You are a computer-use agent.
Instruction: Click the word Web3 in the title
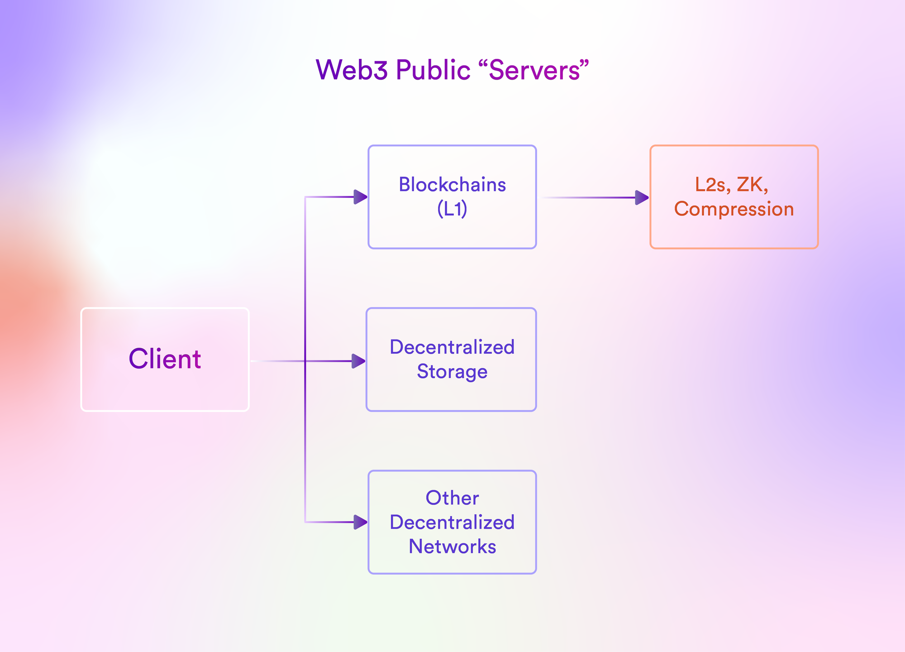tap(351, 70)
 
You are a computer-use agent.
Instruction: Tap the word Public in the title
tap(433, 70)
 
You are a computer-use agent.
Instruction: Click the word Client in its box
tap(165, 359)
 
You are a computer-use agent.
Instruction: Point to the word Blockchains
tap(452, 185)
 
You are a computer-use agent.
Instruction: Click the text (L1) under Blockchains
tap(452, 209)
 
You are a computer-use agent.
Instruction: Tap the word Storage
tap(452, 371)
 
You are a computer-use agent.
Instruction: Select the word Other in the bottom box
tap(452, 498)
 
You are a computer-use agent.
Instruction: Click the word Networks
tap(452, 547)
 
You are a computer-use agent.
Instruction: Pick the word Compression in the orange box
tap(734, 209)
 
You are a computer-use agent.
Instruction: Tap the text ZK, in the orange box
tap(753, 185)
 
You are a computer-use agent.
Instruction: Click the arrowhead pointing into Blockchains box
tap(360, 197)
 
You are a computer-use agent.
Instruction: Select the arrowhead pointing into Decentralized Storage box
tap(358, 361)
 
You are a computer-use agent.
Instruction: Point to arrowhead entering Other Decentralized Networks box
tap(360, 522)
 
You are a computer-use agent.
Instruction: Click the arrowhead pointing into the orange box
tap(642, 197)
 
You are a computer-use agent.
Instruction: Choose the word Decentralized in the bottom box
tap(452, 522)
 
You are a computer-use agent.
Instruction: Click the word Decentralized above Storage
tap(452, 347)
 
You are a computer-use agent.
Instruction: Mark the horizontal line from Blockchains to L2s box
tap(588, 197)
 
